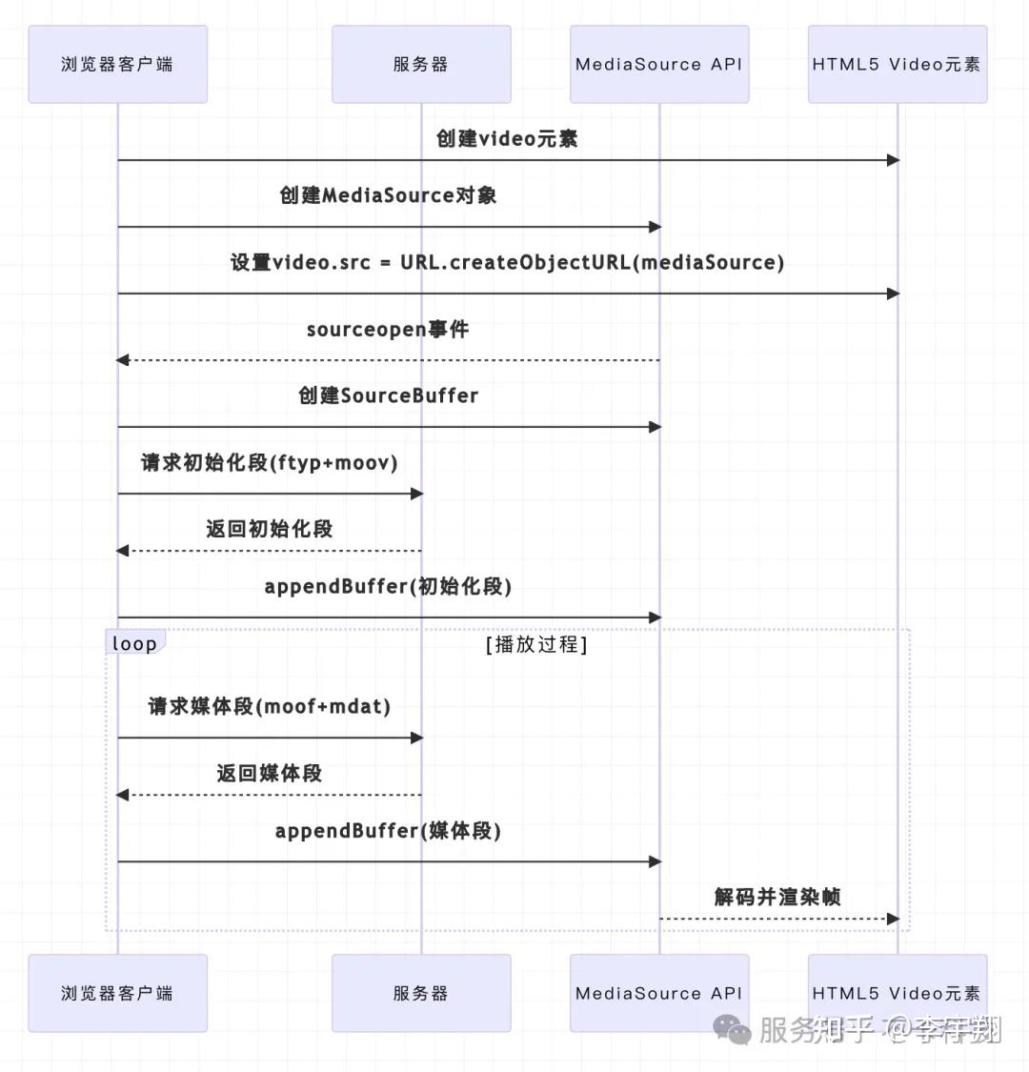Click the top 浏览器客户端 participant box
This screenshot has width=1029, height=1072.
coord(117,65)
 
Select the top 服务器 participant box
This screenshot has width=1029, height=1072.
coord(420,65)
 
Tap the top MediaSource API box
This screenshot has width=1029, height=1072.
coord(658,65)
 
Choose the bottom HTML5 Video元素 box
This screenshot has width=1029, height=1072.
coord(897,993)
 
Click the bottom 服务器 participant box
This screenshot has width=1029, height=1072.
coord(420,993)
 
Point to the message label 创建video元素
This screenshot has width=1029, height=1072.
coord(507,139)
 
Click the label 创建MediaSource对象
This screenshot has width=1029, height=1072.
coord(388,196)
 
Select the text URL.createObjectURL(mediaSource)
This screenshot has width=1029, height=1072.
coord(592,263)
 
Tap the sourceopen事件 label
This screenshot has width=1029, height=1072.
coord(388,330)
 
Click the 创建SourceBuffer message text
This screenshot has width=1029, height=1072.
coord(388,396)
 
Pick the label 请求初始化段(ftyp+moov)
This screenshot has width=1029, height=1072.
coord(269,463)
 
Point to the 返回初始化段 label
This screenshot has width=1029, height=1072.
coord(269,530)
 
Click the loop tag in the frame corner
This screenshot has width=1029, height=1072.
coord(134,643)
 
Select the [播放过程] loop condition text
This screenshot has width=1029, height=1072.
coord(536,644)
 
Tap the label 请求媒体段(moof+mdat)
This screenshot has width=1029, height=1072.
coord(269,707)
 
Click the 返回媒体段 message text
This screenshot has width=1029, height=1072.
coord(269,774)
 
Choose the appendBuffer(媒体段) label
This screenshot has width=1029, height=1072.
coord(388,831)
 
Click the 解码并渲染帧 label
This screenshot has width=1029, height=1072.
coord(777,898)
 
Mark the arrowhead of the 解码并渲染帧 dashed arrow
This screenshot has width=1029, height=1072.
coord(893,919)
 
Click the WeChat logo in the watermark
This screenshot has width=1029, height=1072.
coord(733,1029)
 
